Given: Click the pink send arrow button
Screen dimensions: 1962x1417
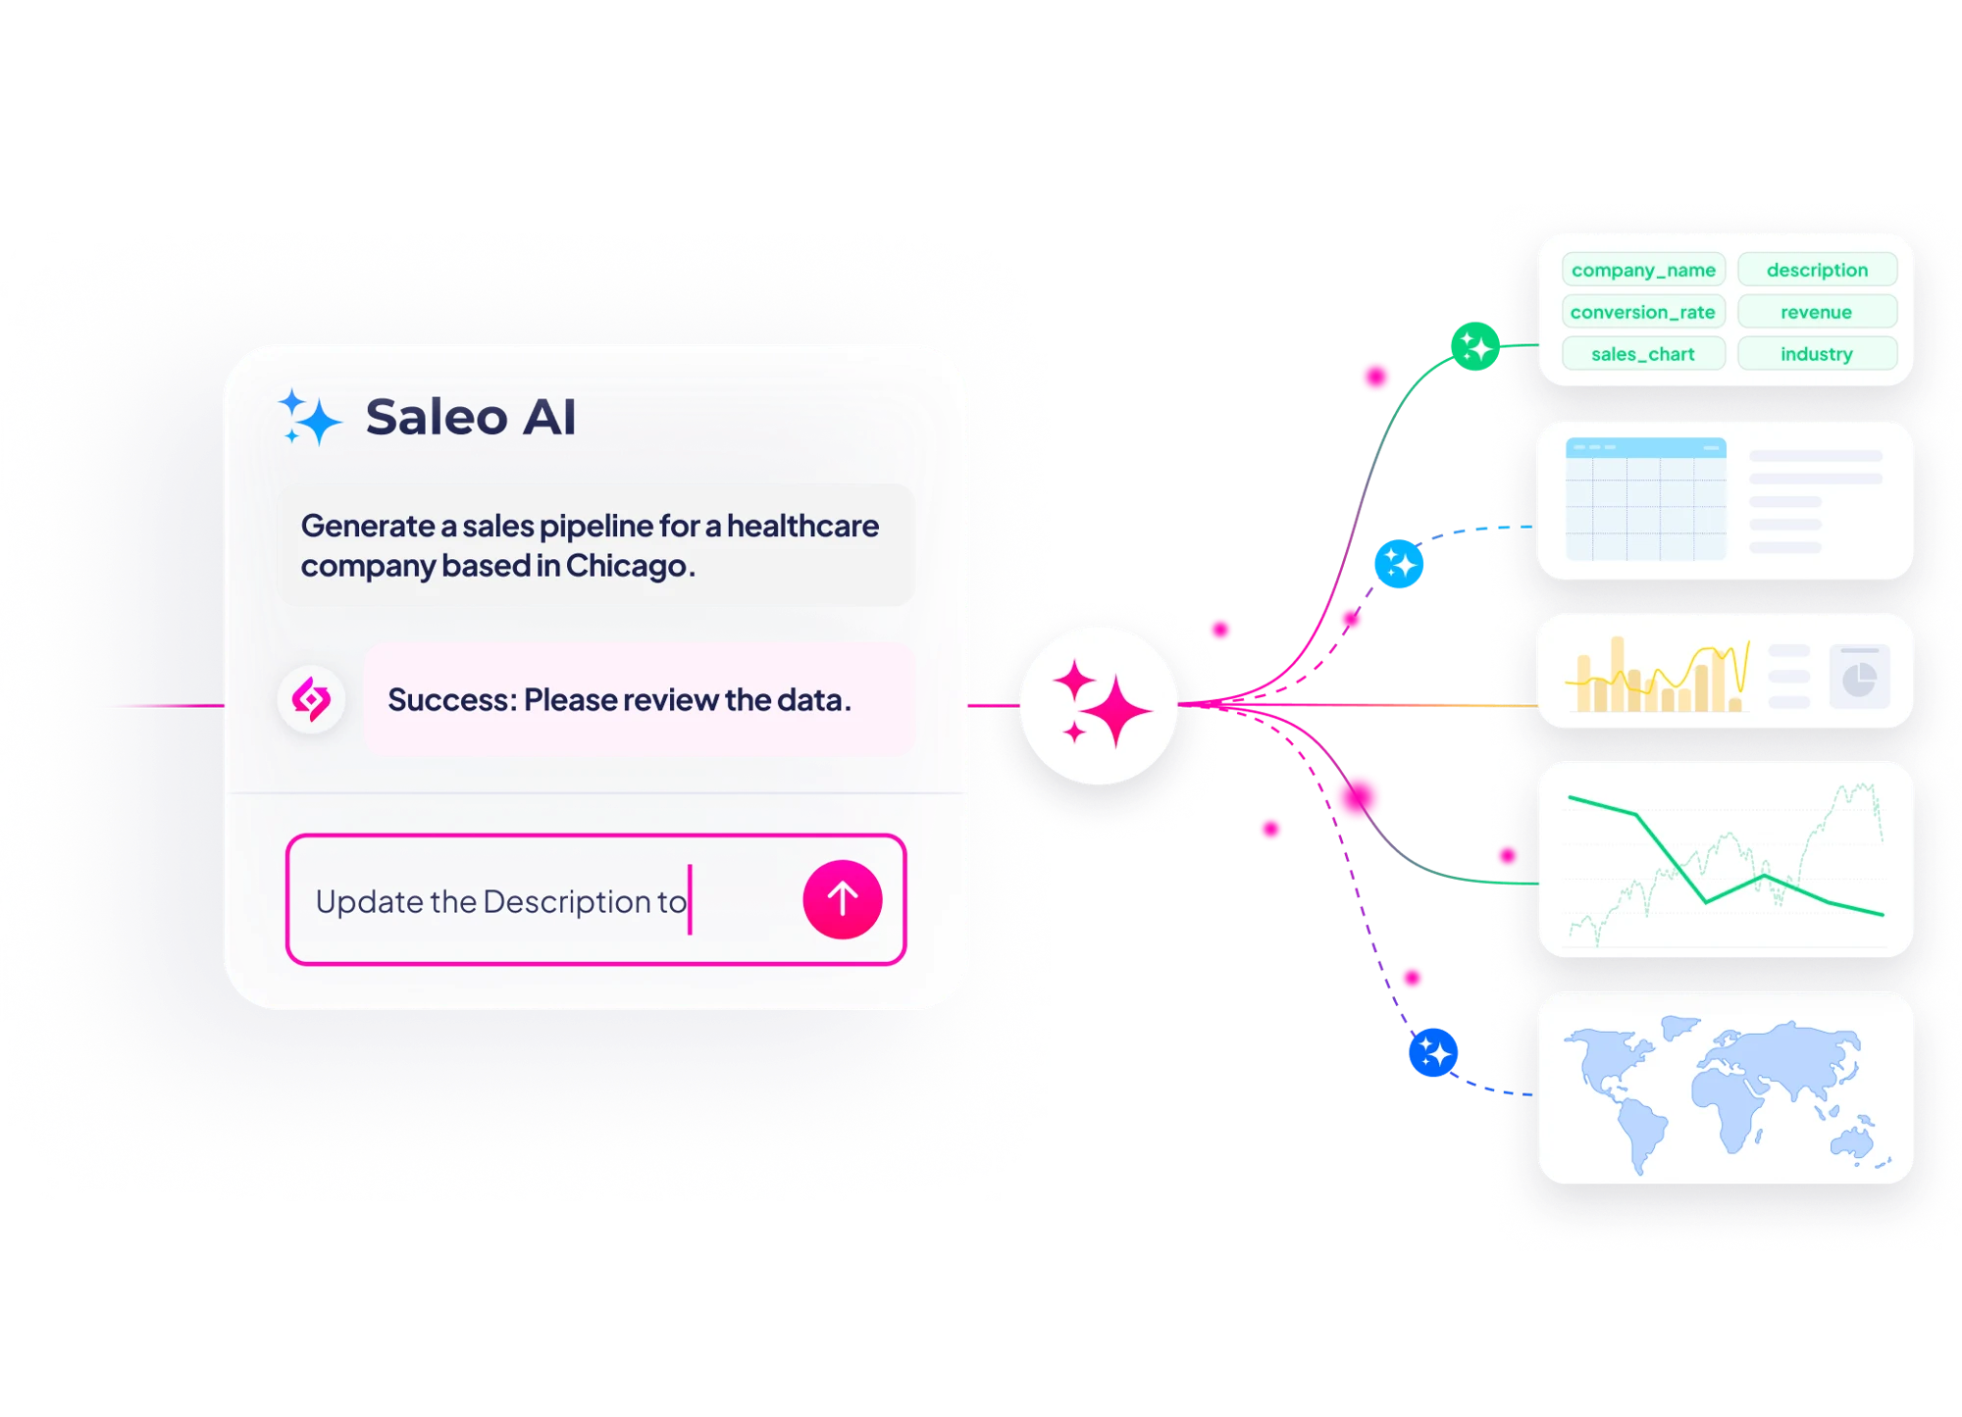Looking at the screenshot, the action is click(842, 899).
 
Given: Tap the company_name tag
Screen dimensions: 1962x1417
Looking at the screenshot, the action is click(1643, 270).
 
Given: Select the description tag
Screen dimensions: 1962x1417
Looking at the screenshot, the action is click(1817, 270).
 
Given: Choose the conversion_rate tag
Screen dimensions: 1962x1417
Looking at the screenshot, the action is click(1643, 312).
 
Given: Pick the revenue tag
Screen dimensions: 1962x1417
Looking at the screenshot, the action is click(1817, 312).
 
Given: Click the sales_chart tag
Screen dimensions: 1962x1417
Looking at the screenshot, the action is click(1643, 354).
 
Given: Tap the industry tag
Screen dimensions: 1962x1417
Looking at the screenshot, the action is click(1817, 354).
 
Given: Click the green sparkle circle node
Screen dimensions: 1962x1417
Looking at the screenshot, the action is click(1474, 346).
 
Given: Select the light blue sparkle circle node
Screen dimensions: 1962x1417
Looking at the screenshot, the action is click(1398, 564).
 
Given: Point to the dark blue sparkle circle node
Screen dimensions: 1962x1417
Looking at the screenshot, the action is click(1432, 1052).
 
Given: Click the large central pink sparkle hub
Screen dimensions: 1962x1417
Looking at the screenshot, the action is click(1099, 705).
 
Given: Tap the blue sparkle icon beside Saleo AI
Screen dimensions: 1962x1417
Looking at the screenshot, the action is click(309, 417).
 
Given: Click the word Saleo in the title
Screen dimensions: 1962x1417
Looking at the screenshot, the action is click(438, 417).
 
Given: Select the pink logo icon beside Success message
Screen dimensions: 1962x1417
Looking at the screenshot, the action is click(311, 699).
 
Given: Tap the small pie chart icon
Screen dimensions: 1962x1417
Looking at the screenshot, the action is click(1859, 677).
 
